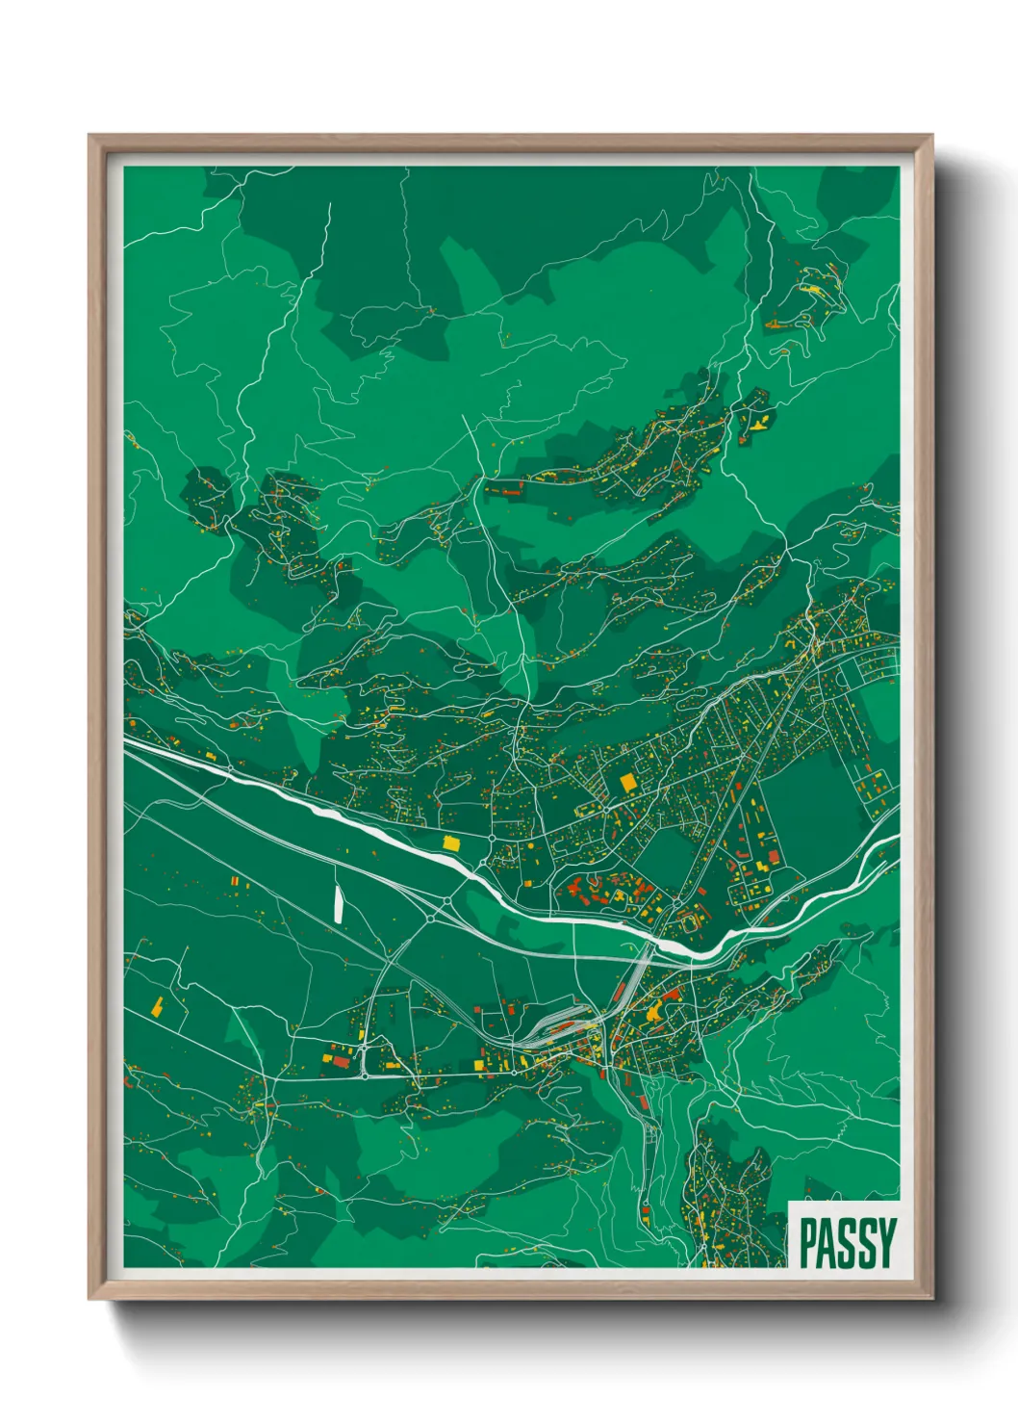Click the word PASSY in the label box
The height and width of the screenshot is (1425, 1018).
(x=847, y=1243)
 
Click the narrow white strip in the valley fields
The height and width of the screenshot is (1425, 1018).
(x=338, y=903)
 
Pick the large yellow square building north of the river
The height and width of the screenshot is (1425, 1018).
(x=628, y=782)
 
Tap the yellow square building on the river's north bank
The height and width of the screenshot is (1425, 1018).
(x=450, y=842)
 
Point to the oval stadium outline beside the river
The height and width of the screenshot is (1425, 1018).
(x=689, y=922)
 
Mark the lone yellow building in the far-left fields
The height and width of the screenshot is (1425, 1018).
(x=156, y=1007)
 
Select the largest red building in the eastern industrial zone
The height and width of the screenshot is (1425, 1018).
(x=773, y=857)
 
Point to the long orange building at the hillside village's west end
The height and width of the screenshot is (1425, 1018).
(x=507, y=491)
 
